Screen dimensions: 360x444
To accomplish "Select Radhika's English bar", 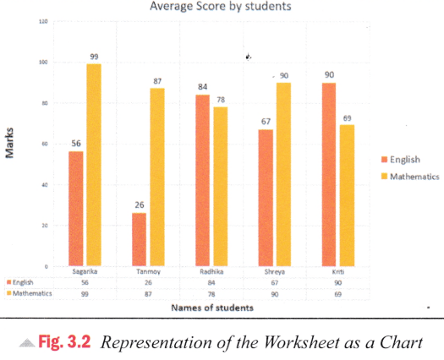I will click(x=204, y=181).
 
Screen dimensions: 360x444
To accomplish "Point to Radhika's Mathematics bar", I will click(x=222, y=187).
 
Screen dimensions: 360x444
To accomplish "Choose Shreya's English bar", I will click(x=266, y=198).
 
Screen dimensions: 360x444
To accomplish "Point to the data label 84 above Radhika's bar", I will click(x=204, y=87).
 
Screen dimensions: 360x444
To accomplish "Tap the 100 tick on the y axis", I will click(x=41, y=63).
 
